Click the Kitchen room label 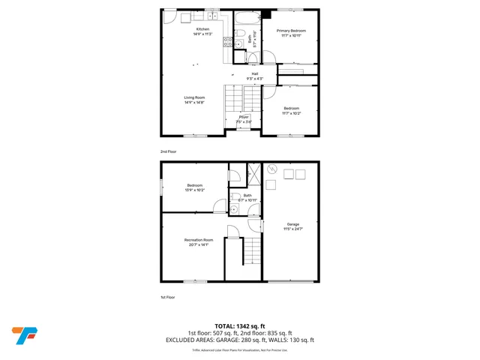pos(193,29)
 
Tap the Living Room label pos(195,97)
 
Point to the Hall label pos(255,73)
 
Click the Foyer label pos(244,117)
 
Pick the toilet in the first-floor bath pos(233,176)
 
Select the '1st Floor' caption pos(167,298)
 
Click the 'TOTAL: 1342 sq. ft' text pos(239,326)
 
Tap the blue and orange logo pos(23,334)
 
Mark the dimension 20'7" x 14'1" pos(195,244)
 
